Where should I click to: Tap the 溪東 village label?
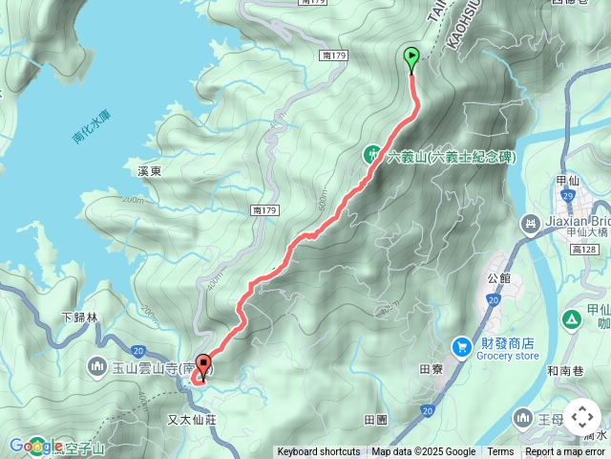click(x=150, y=171)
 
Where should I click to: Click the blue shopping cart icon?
click(x=462, y=345)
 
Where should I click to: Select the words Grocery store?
click(x=507, y=356)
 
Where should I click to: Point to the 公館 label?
click(x=499, y=278)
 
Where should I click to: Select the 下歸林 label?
click(x=79, y=317)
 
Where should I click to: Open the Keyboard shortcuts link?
click(x=318, y=452)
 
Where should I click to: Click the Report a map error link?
click(x=565, y=452)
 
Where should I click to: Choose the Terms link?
click(x=500, y=452)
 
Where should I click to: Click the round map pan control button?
click(x=581, y=417)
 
